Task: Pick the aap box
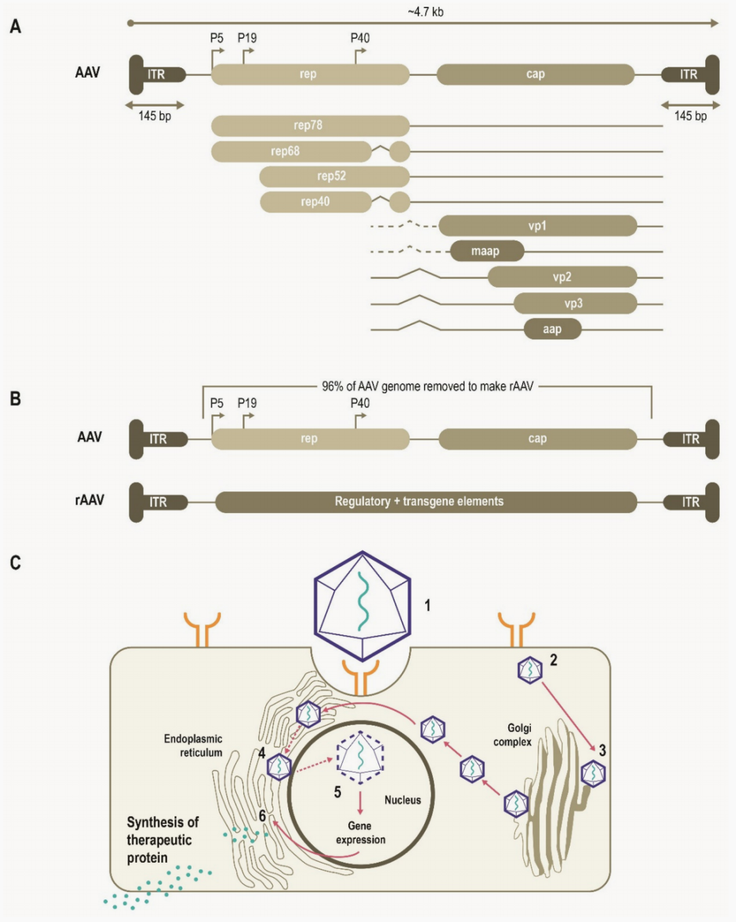tap(552, 329)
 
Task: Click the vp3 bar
tap(574, 303)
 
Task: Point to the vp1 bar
tap(538, 226)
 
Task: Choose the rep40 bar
tap(316, 202)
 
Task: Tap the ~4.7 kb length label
tap(425, 12)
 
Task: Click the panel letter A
tap(15, 27)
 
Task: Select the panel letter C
tap(15, 563)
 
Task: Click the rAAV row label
tap(89, 500)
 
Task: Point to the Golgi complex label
tap(514, 735)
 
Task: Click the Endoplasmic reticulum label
tap(194, 746)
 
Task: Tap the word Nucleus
tap(403, 800)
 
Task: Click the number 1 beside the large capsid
tap(427, 605)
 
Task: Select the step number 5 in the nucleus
tap(337, 792)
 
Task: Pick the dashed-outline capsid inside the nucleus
tap(361, 757)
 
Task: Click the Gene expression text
tap(361, 833)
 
